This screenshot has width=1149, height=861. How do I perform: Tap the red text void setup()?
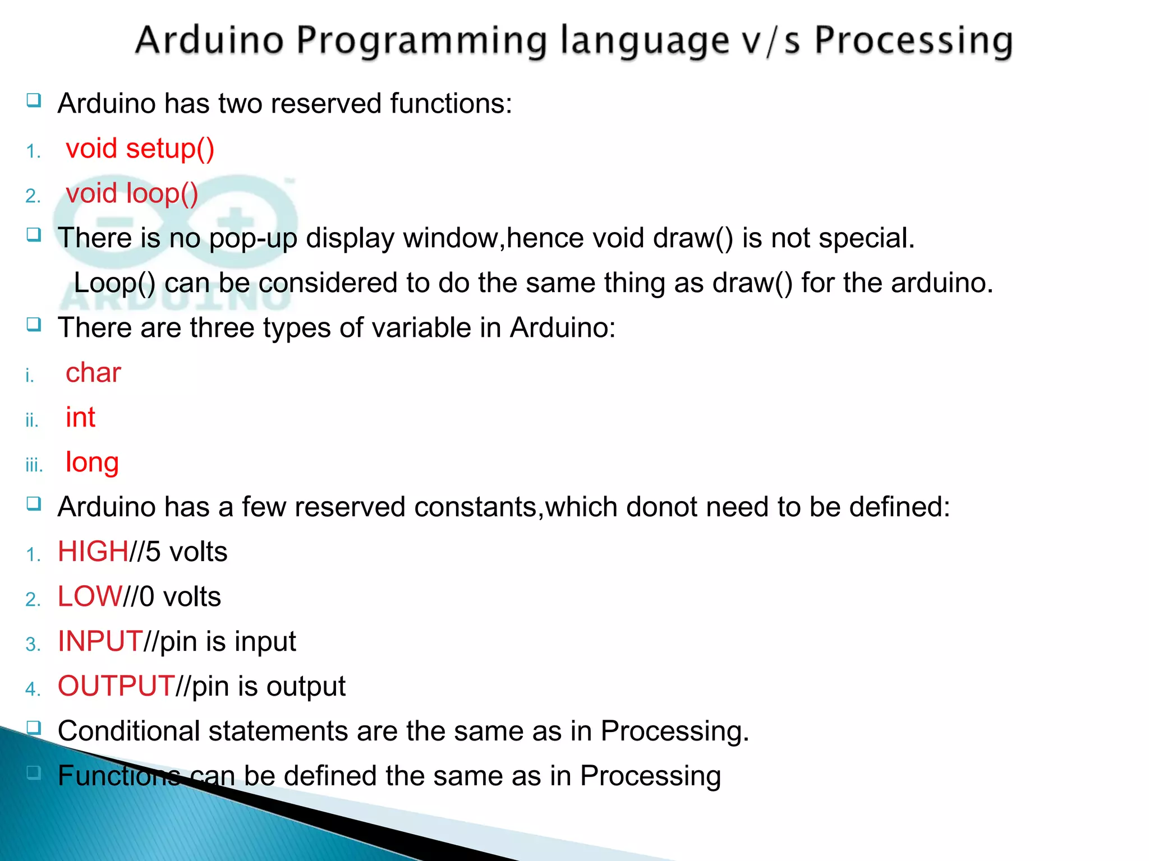(x=140, y=149)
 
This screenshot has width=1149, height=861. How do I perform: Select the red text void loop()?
(x=132, y=194)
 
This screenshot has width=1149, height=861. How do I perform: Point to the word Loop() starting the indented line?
(x=114, y=283)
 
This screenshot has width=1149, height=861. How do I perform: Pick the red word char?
(x=93, y=373)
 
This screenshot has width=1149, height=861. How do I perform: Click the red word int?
(x=80, y=418)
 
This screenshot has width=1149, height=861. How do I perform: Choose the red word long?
(x=92, y=463)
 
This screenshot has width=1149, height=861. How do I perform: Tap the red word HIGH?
(x=93, y=552)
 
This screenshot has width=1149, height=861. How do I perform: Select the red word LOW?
(x=90, y=596)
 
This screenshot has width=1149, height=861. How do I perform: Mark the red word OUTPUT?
(x=116, y=686)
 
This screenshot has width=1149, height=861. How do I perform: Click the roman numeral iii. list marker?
(x=34, y=465)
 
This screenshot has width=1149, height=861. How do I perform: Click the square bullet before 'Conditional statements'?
(x=34, y=728)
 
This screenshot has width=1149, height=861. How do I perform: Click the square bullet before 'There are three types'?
(x=34, y=324)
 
